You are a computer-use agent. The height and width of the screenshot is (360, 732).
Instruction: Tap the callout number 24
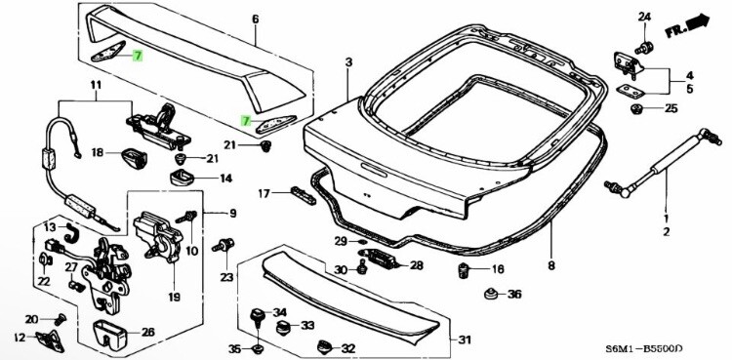[x=644, y=18]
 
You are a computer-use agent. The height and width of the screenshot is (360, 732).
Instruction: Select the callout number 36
[x=515, y=294]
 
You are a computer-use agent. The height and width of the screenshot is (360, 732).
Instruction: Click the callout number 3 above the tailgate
[x=347, y=62]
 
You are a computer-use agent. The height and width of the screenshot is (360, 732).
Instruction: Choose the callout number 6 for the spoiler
[x=256, y=19]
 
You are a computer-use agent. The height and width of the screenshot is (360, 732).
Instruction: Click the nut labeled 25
[x=636, y=107]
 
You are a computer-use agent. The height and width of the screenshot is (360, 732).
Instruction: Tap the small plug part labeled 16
[x=465, y=268]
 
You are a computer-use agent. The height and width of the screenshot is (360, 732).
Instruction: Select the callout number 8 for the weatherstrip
[x=550, y=264]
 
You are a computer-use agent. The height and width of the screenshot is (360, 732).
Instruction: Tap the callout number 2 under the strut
[x=668, y=232]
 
